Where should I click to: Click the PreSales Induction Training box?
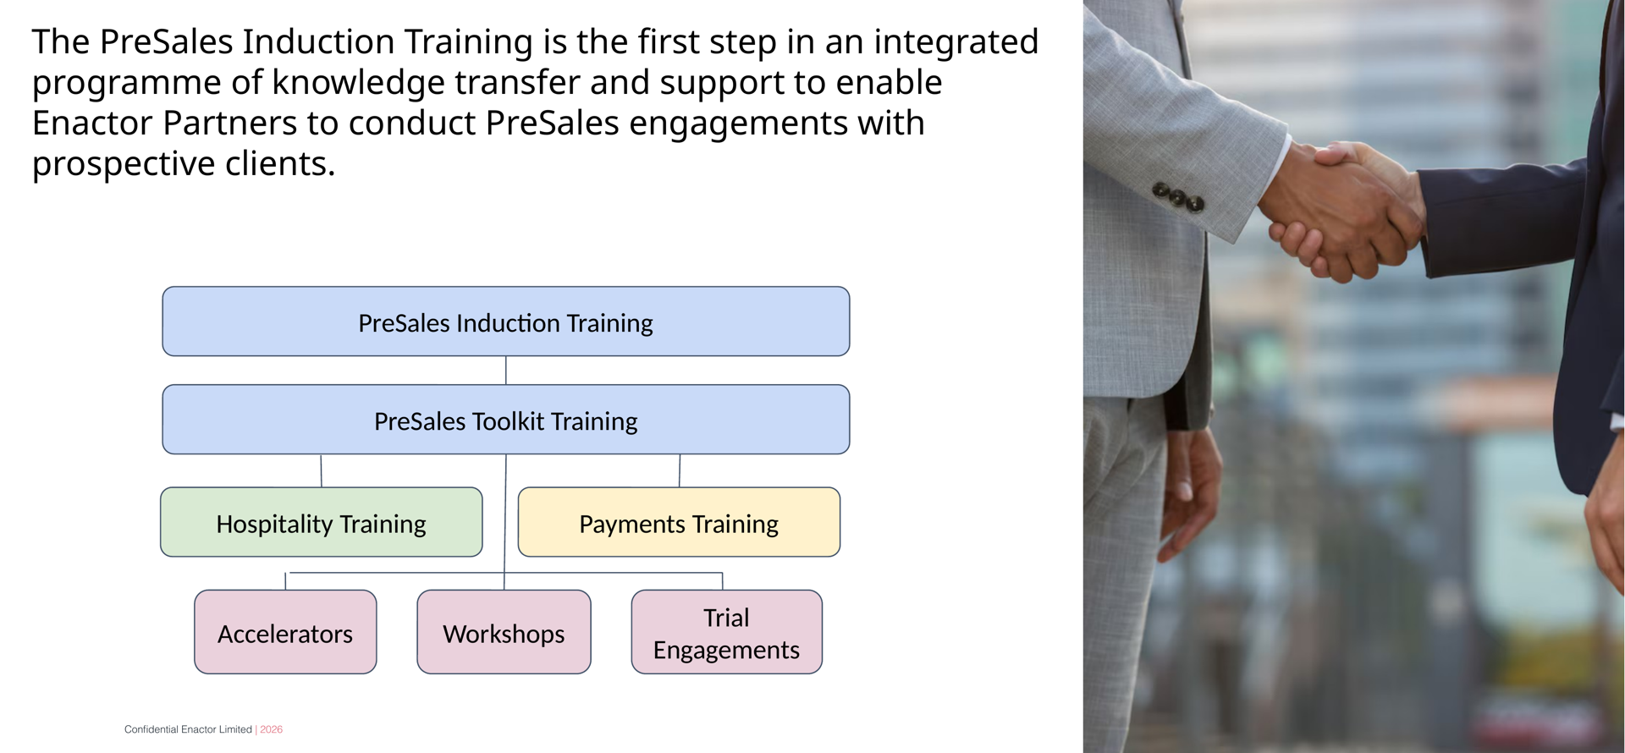tap(505, 322)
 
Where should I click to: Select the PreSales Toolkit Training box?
tap(505, 420)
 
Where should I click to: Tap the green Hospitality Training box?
tap(321, 523)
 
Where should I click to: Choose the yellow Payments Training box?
tap(678, 523)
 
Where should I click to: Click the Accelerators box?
tap(285, 633)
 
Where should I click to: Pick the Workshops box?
tap(504, 633)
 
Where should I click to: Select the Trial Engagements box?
tap(726, 633)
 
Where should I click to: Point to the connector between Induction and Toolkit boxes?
tap(506, 371)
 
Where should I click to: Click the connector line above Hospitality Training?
tap(321, 470)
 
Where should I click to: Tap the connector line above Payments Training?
tap(680, 470)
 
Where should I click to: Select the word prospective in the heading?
tap(124, 164)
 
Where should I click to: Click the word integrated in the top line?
tap(956, 42)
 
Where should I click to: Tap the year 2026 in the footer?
tap(271, 729)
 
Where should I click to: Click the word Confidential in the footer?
tap(151, 729)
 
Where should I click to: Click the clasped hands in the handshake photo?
tap(1341, 212)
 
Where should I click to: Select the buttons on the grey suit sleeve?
tap(1178, 197)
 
